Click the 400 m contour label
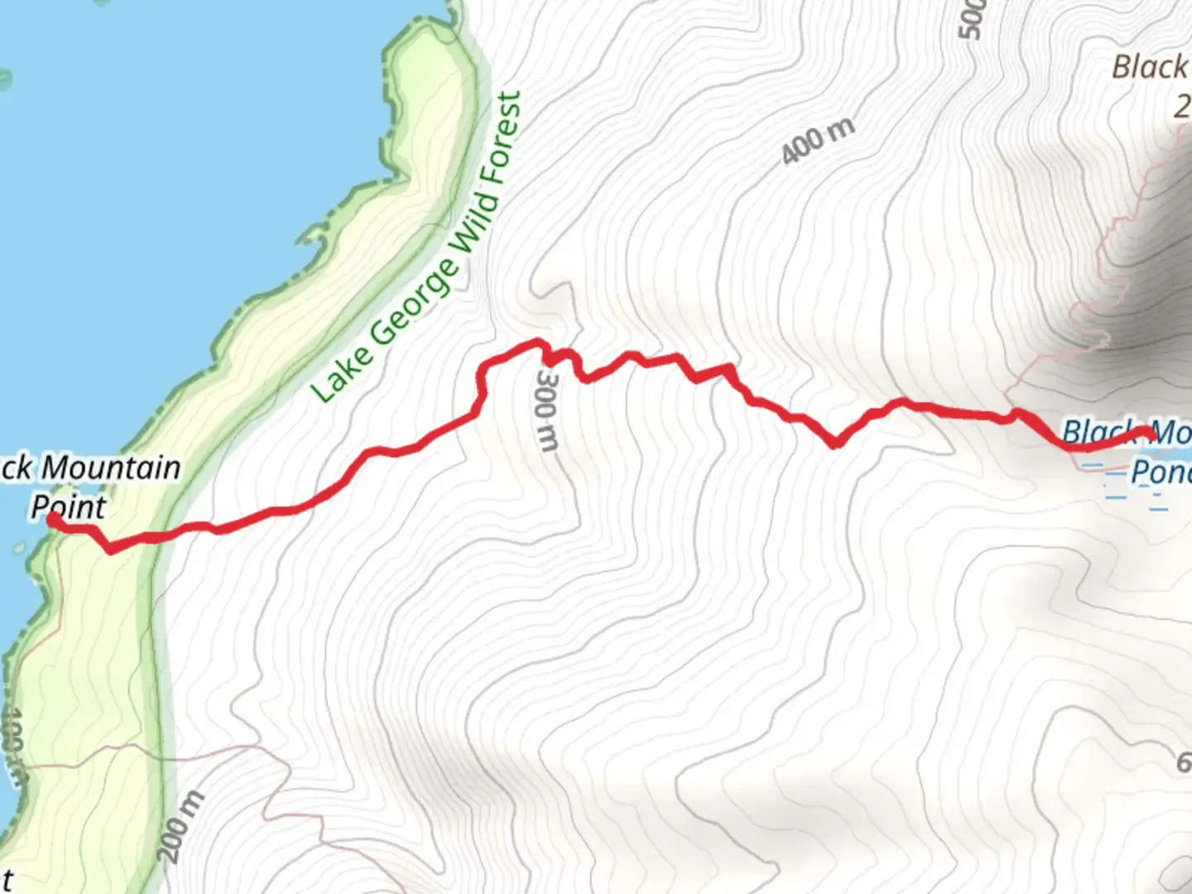coord(818,141)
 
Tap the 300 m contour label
coord(547,410)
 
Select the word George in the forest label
coord(414,302)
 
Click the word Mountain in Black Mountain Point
coord(111,468)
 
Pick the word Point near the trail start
coord(69,507)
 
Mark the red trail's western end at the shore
coord(52,519)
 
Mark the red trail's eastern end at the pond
coord(1149,432)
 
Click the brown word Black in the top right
coord(1149,67)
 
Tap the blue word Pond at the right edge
coord(1161,473)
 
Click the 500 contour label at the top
coord(972,18)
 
